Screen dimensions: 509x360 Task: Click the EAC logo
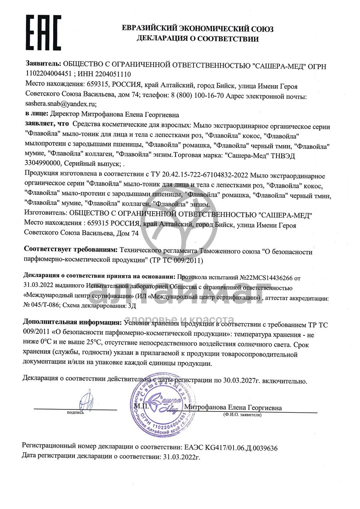click(x=43, y=32)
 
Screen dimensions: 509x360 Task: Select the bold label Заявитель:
click(x=44, y=64)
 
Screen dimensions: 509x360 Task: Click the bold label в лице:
click(x=37, y=114)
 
